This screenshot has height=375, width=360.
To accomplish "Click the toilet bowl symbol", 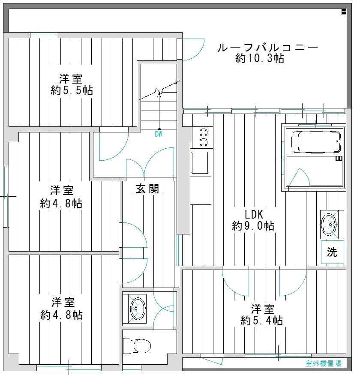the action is pyautogui.click(x=137, y=346).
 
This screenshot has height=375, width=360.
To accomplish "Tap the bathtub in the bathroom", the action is pyautogui.click(x=316, y=141).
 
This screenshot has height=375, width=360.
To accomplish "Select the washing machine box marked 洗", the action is pyautogui.click(x=333, y=252).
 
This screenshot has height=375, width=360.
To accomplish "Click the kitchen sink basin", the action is pyautogui.click(x=200, y=162).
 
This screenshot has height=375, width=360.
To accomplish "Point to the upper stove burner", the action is pyautogui.click(x=203, y=132).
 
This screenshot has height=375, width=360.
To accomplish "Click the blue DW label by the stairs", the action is pyautogui.click(x=159, y=134).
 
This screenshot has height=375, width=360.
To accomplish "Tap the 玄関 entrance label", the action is pyautogui.click(x=147, y=189).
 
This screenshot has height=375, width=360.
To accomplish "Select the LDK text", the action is pyautogui.click(x=254, y=215).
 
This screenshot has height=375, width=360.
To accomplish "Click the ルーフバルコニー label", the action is pyautogui.click(x=268, y=48).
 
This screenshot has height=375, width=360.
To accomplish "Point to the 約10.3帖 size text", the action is pyautogui.click(x=260, y=58).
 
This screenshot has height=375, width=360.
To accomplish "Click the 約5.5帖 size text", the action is pyautogui.click(x=72, y=90).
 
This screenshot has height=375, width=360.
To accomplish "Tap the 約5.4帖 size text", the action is pyautogui.click(x=262, y=321).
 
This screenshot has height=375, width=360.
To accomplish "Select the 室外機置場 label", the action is pyautogui.click(x=324, y=363).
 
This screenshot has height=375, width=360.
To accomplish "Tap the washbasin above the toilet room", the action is pyautogui.click(x=138, y=309).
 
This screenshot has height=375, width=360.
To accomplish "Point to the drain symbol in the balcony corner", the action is pyautogui.click(x=344, y=12).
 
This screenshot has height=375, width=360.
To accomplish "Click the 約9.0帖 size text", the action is pyautogui.click(x=253, y=226).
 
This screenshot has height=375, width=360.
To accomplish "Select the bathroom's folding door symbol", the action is pyautogui.click(x=299, y=177).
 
